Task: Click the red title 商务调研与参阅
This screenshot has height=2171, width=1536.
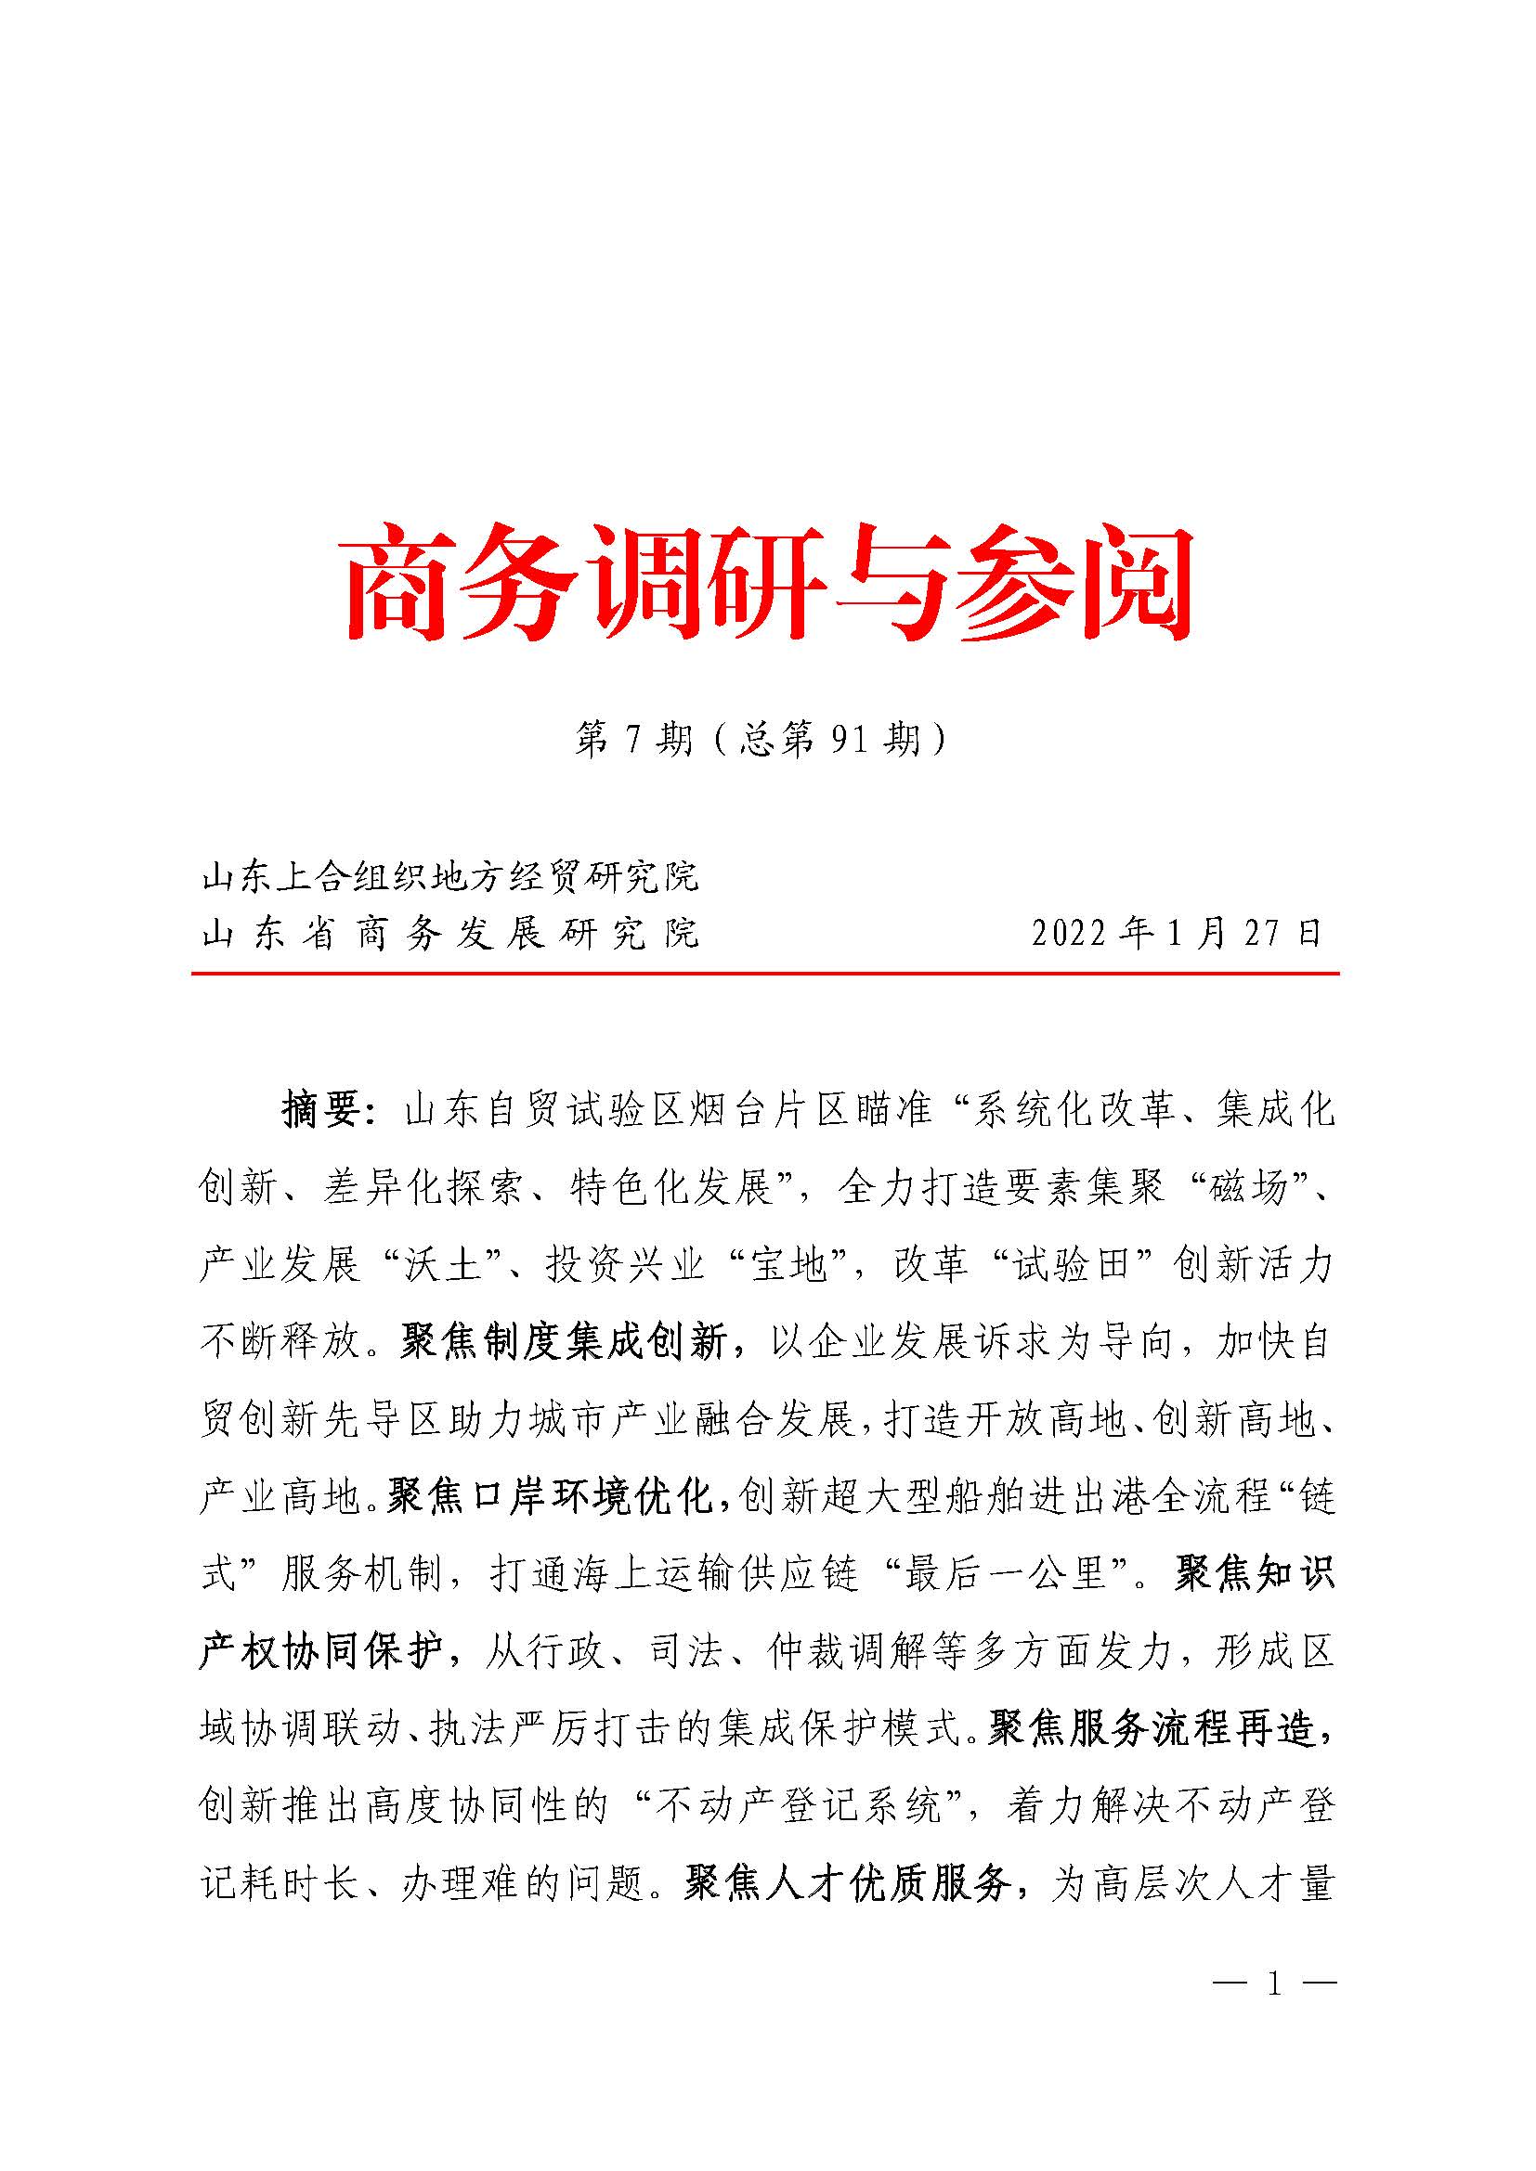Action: coord(767,585)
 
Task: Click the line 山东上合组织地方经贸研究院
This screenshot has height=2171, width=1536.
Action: coord(451,876)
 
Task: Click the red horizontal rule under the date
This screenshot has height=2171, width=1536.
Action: coord(765,973)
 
